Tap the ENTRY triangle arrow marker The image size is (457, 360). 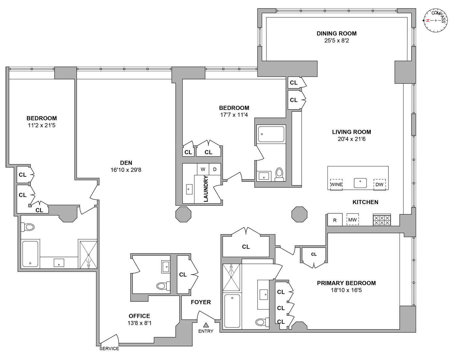pyautogui.click(x=206, y=325)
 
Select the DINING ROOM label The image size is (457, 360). pyautogui.click(x=337, y=33)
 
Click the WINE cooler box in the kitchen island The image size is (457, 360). pyautogui.click(x=336, y=184)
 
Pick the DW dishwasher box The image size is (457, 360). pyautogui.click(x=379, y=184)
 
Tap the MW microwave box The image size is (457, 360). pyautogui.click(x=353, y=220)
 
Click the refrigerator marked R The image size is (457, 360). pyautogui.click(x=335, y=220)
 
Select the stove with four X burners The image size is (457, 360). pyautogui.click(x=382, y=220)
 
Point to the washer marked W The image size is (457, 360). pyautogui.click(x=203, y=169)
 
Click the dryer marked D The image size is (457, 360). pyautogui.click(x=215, y=169)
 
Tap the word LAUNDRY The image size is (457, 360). pyautogui.click(x=206, y=189)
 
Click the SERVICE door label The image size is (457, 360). pyautogui.click(x=109, y=349)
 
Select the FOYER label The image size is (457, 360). pyautogui.click(x=201, y=302)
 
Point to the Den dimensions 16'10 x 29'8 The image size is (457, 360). pyautogui.click(x=126, y=170)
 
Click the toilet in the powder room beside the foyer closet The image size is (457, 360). pyautogui.click(x=162, y=286)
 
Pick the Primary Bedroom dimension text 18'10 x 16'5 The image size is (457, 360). pyautogui.click(x=346, y=290)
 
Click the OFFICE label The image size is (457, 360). pyautogui.click(x=139, y=316)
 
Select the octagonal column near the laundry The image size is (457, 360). pyautogui.click(x=183, y=214)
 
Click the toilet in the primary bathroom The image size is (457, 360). pyautogui.click(x=261, y=322)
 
